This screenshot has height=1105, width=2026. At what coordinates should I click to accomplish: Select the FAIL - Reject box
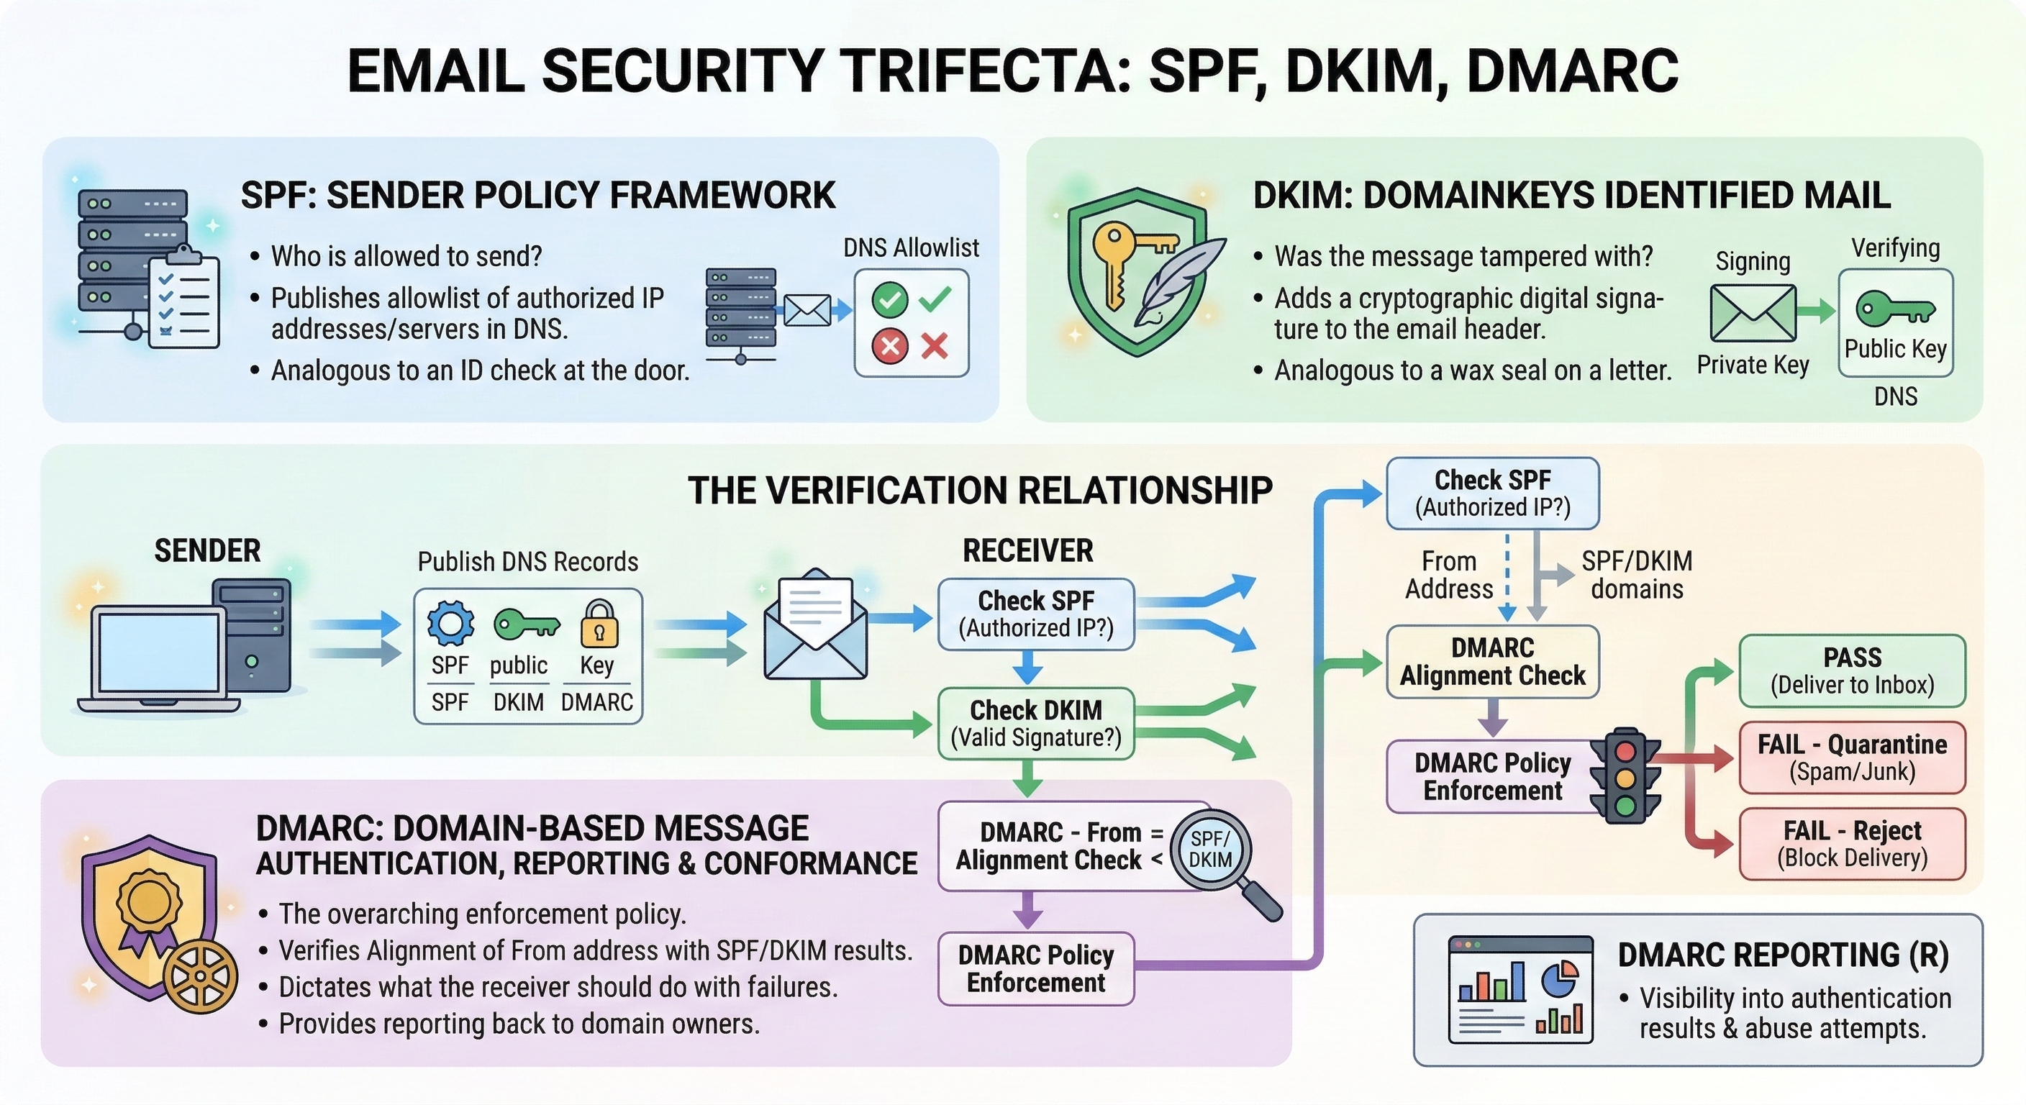point(1851,843)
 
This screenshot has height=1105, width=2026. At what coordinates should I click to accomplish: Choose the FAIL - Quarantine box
point(1851,757)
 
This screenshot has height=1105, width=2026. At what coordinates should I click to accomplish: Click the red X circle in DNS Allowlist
point(890,346)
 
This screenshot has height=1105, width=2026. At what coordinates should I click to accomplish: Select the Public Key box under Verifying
point(1896,322)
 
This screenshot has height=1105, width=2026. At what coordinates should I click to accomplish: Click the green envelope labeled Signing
point(1753,313)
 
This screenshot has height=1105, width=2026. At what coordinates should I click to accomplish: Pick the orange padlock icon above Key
point(599,625)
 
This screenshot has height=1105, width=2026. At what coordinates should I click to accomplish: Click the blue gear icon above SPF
point(450,624)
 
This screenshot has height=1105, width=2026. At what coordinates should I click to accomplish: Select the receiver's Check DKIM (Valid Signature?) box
point(1036,723)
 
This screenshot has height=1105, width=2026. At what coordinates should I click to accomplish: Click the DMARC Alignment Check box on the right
point(1492,661)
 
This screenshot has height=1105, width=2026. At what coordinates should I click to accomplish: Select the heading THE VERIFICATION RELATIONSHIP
point(980,490)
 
